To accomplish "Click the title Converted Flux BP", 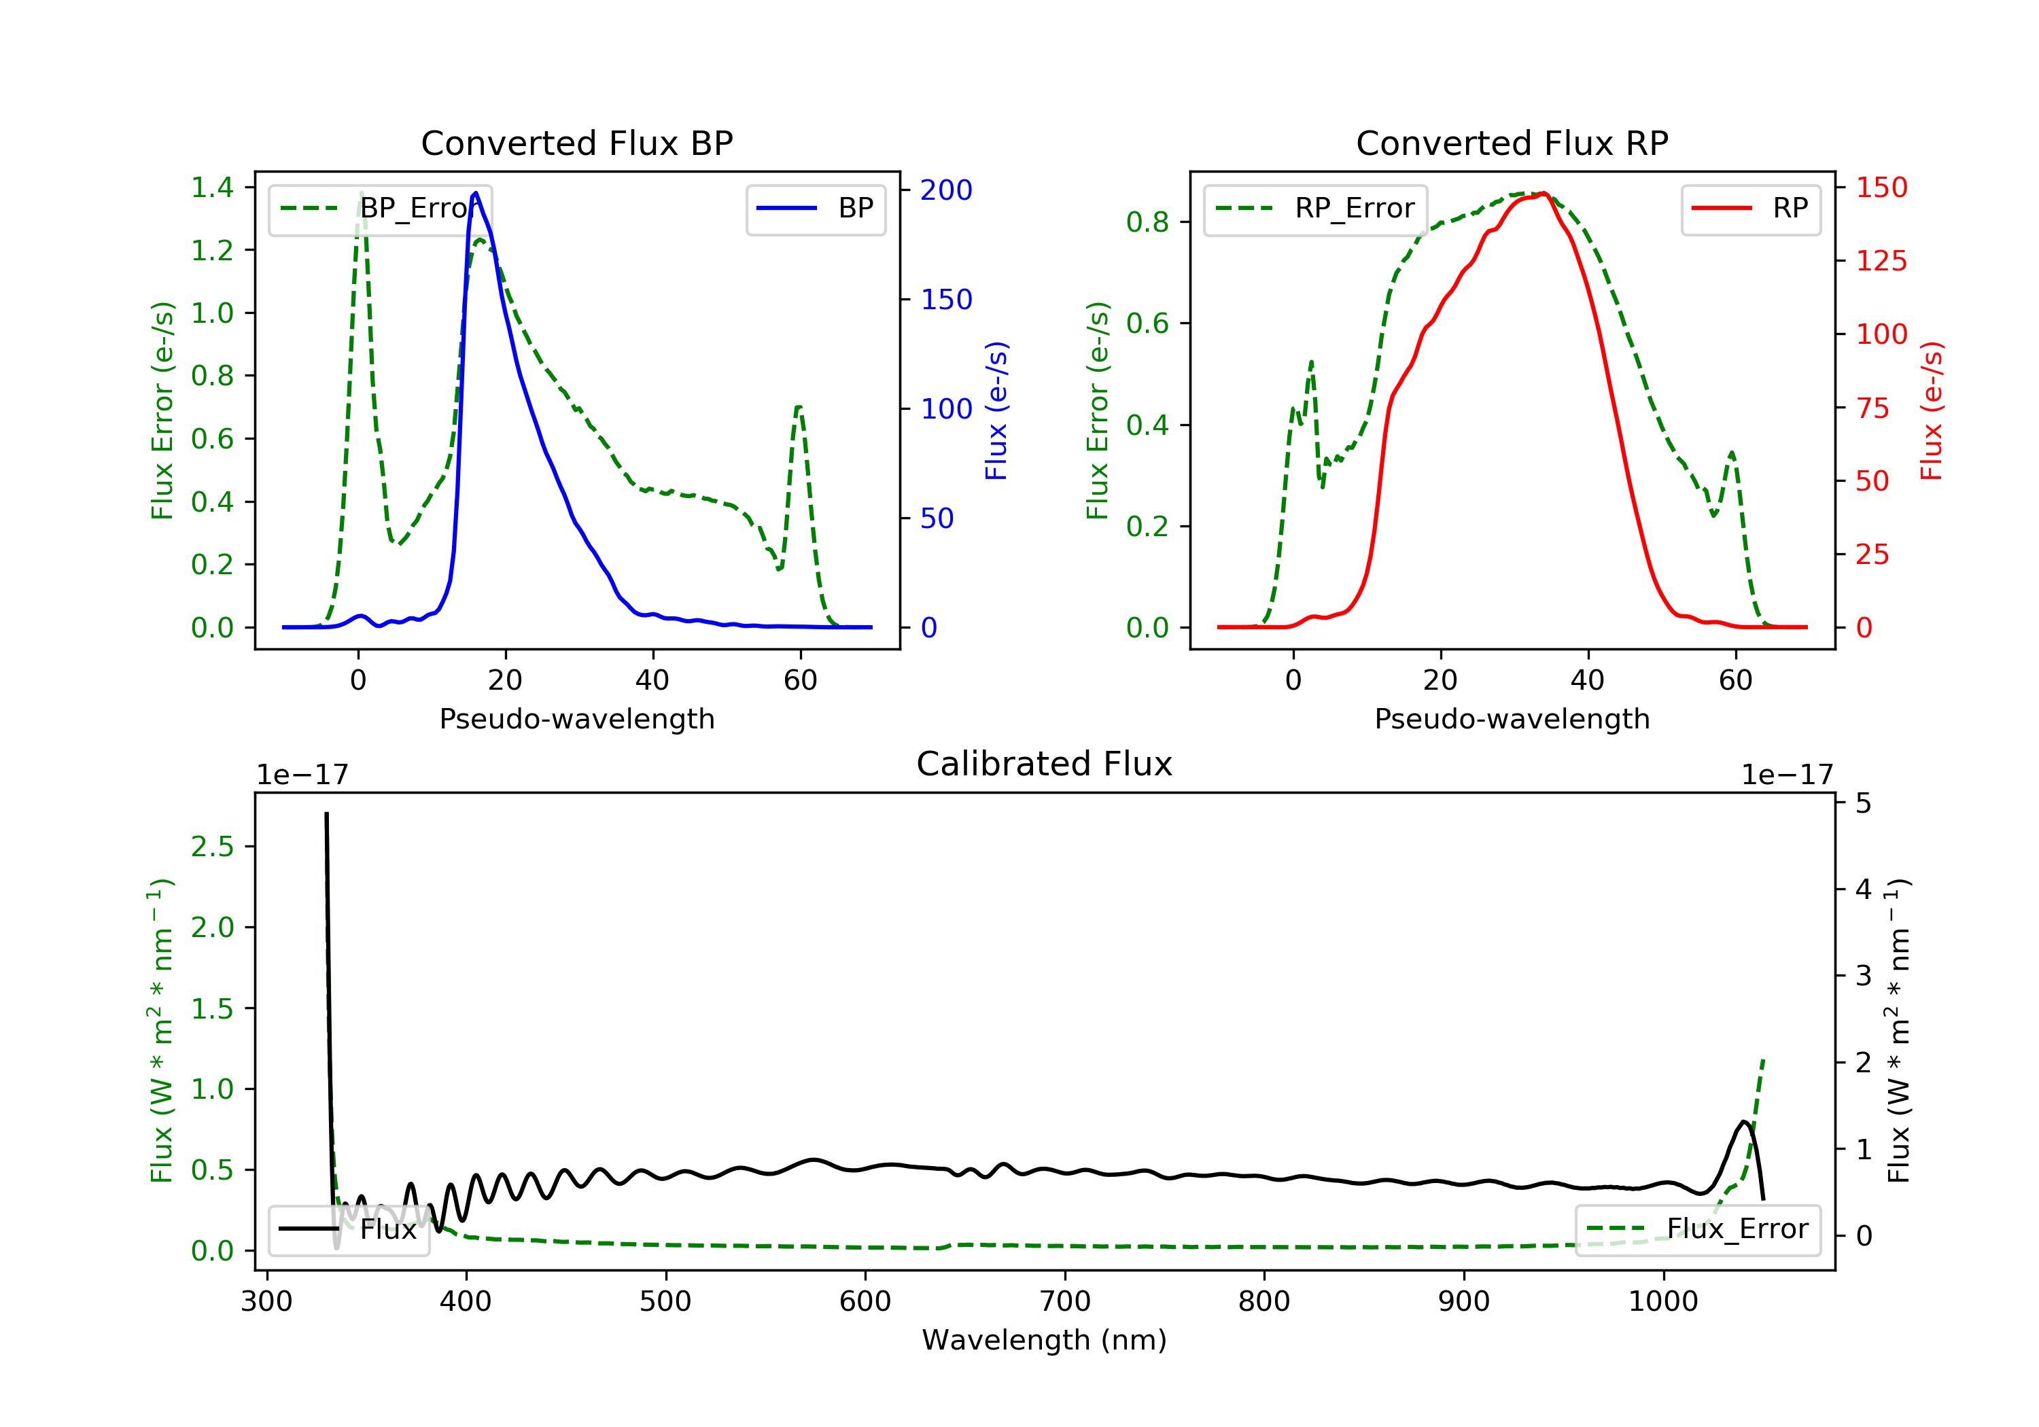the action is point(576,143).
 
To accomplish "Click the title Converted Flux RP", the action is point(1512,143).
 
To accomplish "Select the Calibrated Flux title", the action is point(1045,764).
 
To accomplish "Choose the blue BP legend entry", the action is point(815,209).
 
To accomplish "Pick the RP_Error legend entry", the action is point(1315,209).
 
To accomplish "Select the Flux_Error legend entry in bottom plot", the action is point(1697,1229).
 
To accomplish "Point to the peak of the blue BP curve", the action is point(476,193).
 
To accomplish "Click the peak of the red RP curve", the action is point(1544,194).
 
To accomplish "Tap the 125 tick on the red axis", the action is point(1881,261).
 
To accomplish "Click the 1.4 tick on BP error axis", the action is point(212,188).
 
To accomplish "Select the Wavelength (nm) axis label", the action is point(1045,1340).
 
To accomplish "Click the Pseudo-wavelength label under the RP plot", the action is point(1512,718).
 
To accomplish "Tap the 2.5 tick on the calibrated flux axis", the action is point(212,846).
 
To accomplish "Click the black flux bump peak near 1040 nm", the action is point(1745,1123).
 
